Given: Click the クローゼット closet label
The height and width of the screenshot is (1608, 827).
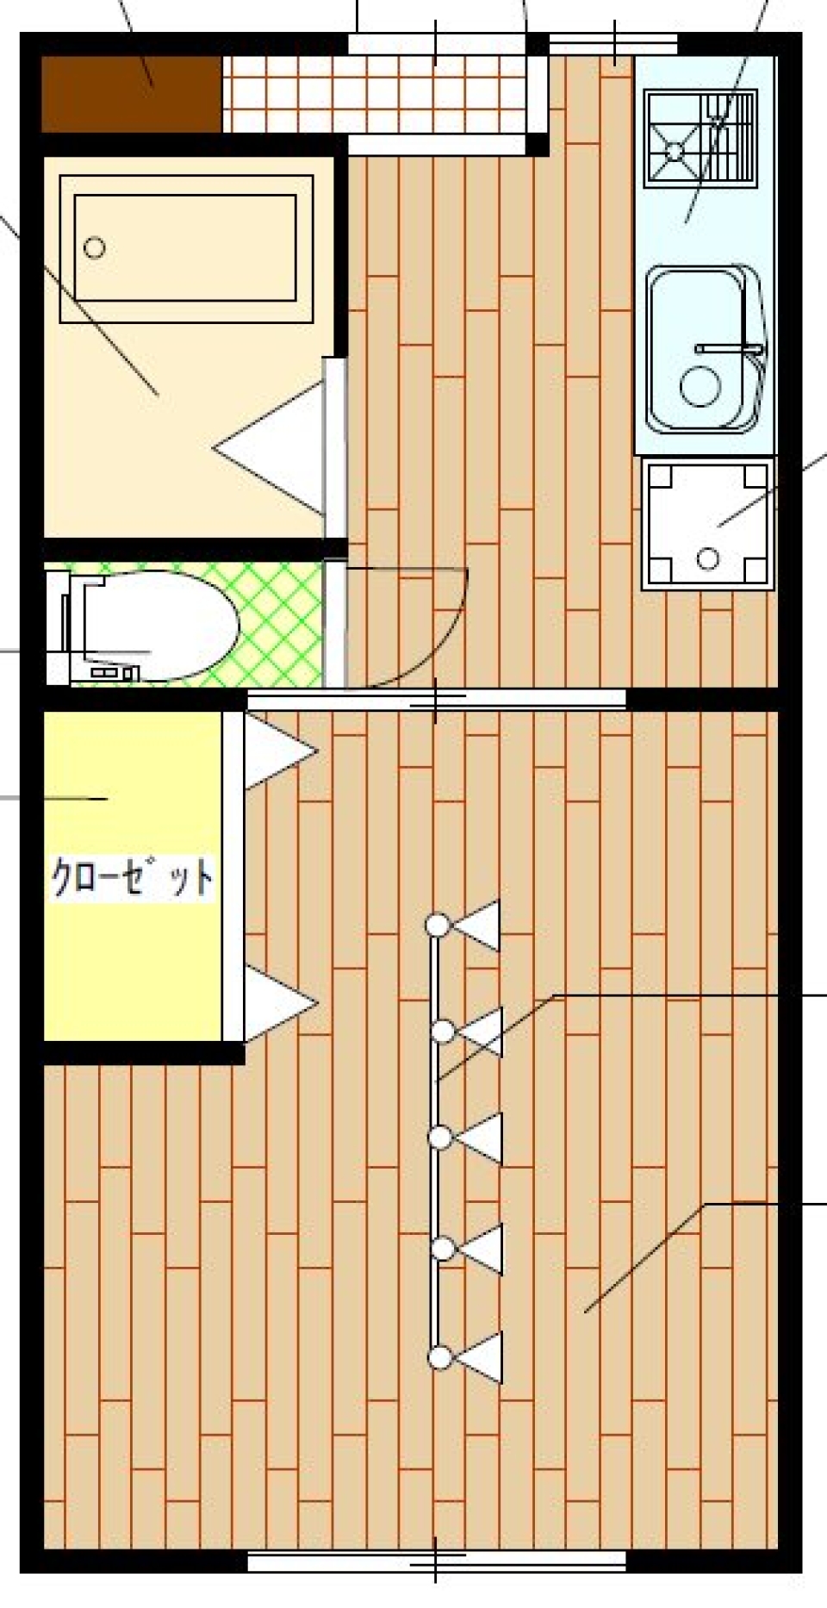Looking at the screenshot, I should (x=132, y=876).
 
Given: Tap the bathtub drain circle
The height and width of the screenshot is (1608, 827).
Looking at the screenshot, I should (x=95, y=248).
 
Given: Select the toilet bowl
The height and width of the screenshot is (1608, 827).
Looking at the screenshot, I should (x=164, y=625).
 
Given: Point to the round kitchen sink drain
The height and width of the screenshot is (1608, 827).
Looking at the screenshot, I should (x=700, y=385).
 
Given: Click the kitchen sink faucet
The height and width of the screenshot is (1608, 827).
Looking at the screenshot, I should (x=730, y=349).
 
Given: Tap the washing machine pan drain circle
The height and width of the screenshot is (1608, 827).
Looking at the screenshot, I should (x=708, y=558).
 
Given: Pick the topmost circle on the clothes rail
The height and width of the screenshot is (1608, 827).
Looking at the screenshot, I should (x=438, y=926).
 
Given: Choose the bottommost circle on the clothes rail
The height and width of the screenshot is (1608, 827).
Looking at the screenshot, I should (x=441, y=1358).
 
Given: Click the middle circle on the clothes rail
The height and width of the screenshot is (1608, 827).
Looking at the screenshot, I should (x=441, y=1138).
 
